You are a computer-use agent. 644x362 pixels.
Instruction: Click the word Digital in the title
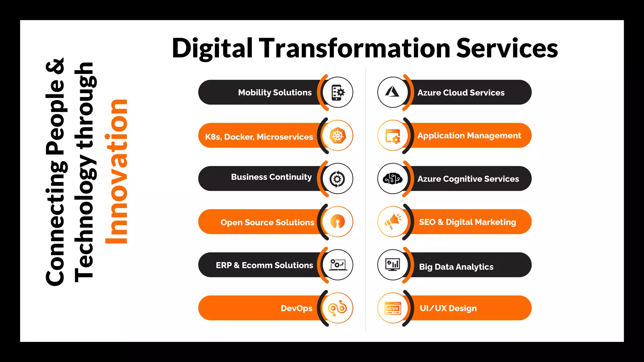point(212,49)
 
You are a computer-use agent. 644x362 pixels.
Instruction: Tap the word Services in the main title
point(507,49)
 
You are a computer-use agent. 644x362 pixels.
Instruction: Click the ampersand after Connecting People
point(55,66)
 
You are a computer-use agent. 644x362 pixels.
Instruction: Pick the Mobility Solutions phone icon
point(338,92)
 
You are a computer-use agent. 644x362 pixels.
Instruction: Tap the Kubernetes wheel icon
point(337,136)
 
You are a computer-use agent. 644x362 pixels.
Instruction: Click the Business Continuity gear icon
point(337,179)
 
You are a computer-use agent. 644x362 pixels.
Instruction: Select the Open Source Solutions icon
point(337,222)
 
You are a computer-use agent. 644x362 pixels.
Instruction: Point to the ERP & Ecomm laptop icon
point(337,265)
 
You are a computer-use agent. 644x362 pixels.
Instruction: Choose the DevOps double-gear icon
point(337,308)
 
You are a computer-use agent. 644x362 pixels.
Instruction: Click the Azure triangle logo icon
point(392,92)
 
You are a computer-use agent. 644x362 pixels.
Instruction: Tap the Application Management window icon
point(393,136)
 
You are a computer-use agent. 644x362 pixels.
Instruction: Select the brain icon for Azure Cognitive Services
point(392,179)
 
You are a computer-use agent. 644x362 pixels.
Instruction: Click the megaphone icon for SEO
point(393,222)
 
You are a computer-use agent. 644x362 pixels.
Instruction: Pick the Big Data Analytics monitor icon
point(393,265)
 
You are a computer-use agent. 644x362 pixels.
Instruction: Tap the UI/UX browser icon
point(393,308)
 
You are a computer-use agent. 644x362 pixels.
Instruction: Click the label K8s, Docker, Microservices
point(259,137)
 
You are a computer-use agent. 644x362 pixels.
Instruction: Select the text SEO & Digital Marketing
point(467,222)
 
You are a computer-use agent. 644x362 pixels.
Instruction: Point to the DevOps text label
point(296,308)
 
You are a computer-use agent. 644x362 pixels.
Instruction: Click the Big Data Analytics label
point(456,267)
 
